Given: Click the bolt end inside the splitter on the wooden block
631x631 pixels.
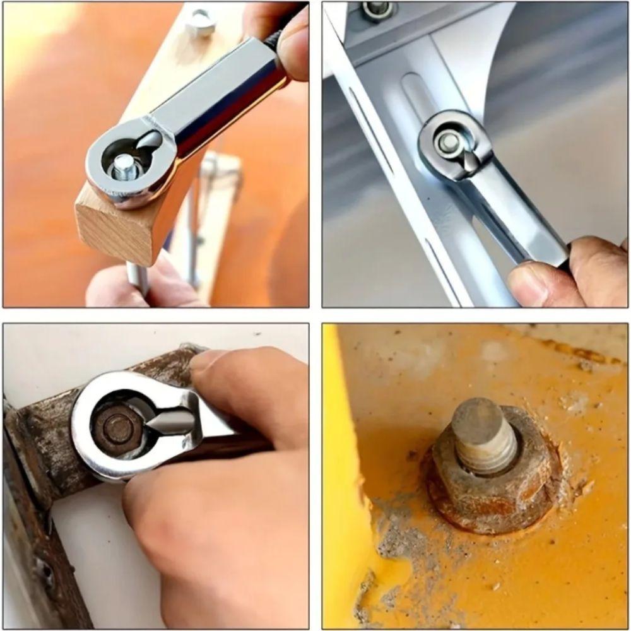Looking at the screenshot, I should point(124,168).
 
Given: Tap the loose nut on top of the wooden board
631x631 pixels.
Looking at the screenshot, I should point(201,22).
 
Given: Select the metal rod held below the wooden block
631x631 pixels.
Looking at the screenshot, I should point(137,278).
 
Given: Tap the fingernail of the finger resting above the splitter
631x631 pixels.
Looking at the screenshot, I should point(205,360).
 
